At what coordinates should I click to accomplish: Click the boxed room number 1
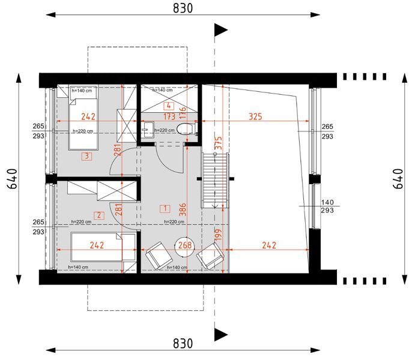[x=165, y=209]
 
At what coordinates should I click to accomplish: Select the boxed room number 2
[x=99, y=215]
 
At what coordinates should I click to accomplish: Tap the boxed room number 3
[x=86, y=157]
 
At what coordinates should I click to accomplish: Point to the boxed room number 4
[x=168, y=106]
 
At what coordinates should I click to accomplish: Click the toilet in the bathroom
[x=186, y=129]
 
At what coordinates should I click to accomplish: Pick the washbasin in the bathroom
[x=147, y=130]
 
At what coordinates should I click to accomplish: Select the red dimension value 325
[x=255, y=116]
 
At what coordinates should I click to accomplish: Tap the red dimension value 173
[x=169, y=116]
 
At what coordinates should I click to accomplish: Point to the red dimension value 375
[x=218, y=143]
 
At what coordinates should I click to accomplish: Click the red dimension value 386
[x=183, y=209]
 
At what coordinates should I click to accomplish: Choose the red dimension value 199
[x=218, y=235]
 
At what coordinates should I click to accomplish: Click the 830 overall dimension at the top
[x=183, y=8]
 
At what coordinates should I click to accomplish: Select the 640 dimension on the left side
[x=13, y=179]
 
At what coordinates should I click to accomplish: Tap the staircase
[x=215, y=181]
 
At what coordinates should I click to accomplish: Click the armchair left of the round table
[x=159, y=256]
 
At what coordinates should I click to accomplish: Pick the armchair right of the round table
[x=210, y=256]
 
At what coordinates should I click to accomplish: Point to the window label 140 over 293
[x=327, y=206]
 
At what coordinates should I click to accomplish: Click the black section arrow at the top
[x=221, y=30]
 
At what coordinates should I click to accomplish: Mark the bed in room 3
[x=83, y=118]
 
